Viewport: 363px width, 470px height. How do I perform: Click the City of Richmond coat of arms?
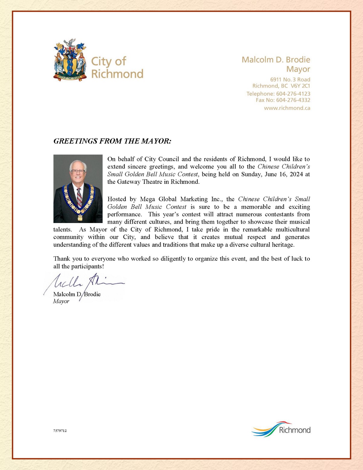pos(70,60)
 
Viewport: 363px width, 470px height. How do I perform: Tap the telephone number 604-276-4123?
pos(293,94)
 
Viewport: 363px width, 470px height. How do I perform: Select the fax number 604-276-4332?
pos(293,100)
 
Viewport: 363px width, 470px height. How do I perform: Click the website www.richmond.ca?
pos(287,108)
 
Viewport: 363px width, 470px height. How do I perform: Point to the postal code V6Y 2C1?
pos(300,86)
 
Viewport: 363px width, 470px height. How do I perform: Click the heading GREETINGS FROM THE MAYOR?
pos(112,141)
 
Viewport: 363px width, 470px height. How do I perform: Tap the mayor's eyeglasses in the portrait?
pos(78,171)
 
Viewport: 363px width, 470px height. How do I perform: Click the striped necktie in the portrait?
pos(79,197)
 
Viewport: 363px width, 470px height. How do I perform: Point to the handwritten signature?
pos(85,283)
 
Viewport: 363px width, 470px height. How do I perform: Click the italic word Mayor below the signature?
pos(61,301)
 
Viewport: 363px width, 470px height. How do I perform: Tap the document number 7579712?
pos(60,431)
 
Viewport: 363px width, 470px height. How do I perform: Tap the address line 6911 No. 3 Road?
pos(290,80)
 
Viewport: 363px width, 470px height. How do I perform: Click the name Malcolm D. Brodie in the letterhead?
pos(276,60)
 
